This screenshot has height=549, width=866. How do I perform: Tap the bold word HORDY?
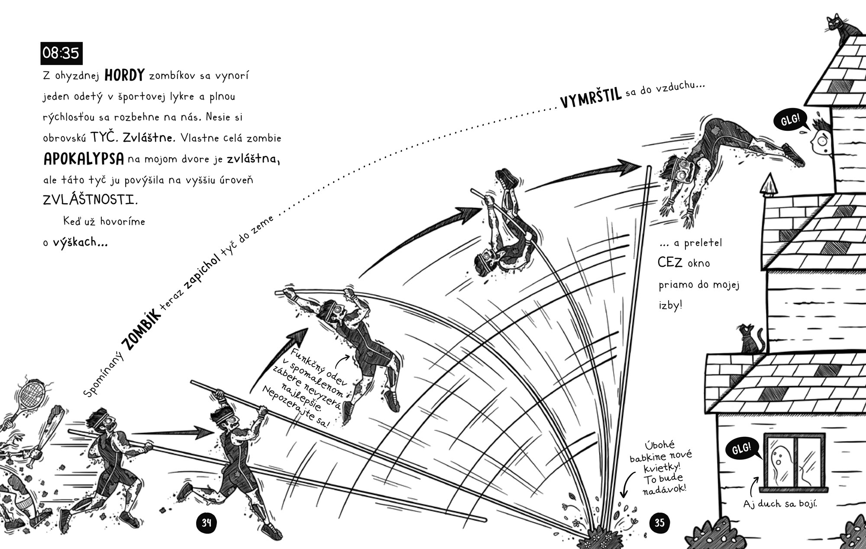[x=124, y=75]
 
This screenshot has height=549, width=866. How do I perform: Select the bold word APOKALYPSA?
[x=84, y=159]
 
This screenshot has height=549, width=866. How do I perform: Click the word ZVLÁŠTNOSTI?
[x=90, y=200]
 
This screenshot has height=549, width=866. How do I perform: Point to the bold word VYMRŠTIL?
[x=591, y=98]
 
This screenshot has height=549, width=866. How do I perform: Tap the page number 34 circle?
[x=207, y=523]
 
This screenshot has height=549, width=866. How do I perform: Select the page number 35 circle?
[x=659, y=523]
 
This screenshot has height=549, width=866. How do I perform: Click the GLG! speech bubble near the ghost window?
[x=742, y=449]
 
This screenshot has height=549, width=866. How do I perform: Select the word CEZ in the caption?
[x=670, y=263]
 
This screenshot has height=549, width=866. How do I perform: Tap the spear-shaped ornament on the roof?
[x=769, y=185]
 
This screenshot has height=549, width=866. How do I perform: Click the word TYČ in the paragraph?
[x=103, y=138]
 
